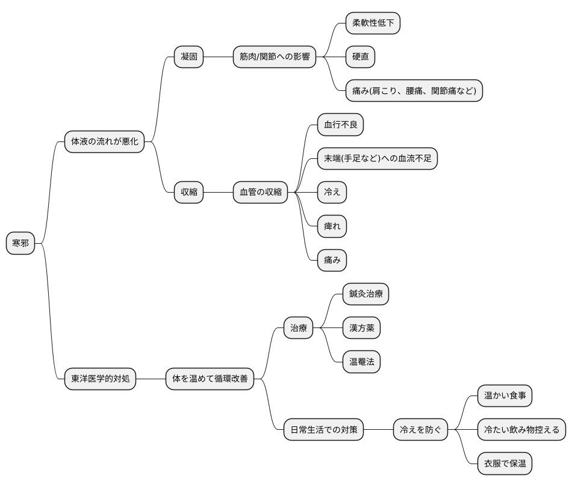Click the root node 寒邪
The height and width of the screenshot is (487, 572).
[20, 243]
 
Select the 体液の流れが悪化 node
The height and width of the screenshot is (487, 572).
[104, 141]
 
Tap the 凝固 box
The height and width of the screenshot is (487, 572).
[188, 57]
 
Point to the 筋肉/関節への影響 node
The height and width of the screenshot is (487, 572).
[275, 57]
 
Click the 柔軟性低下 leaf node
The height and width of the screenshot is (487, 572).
[373, 23]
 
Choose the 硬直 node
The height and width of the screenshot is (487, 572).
[360, 57]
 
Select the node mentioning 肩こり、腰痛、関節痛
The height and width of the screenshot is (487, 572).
[414, 90]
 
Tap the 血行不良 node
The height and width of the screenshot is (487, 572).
[340, 125]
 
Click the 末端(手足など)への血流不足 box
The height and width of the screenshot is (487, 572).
[377, 158]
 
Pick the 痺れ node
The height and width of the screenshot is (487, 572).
[332, 226]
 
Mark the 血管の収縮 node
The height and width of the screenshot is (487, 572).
[261, 192]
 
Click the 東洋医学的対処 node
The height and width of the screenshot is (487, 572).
[101, 379]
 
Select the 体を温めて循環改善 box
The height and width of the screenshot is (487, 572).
[210, 379]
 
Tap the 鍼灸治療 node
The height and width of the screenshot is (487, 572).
[365, 294]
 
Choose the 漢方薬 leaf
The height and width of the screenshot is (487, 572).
[361, 327]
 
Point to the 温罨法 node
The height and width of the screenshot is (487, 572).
[361, 362]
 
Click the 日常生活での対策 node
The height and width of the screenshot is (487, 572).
[323, 429]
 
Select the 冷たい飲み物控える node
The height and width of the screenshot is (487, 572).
[521, 429]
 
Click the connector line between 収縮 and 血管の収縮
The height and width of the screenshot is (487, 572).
[218, 192]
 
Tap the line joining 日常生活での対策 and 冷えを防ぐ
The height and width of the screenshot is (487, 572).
[378, 429]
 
